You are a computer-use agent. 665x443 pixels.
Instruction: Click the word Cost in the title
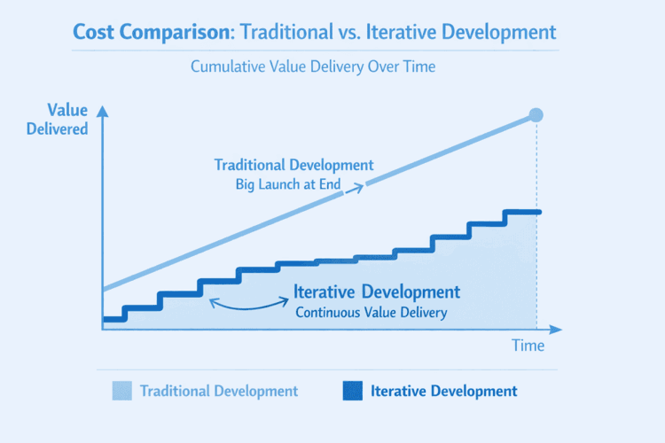pos(96,33)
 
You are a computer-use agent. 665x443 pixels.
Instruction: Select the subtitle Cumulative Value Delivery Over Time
pos(332,67)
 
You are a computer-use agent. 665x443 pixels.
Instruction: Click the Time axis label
pos(528,346)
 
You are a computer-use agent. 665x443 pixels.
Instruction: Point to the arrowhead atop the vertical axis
pos(103,111)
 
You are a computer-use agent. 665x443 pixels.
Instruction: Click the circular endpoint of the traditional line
pos(535,115)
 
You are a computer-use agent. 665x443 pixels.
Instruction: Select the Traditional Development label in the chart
pos(293,165)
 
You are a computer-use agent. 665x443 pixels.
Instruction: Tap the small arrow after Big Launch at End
pos(357,185)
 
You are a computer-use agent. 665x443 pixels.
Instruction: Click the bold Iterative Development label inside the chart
pos(376,291)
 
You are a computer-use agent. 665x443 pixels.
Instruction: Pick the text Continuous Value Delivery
pos(371,312)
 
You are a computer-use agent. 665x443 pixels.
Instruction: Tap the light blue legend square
pos(121,391)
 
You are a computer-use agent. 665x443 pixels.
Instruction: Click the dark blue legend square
pos(352,391)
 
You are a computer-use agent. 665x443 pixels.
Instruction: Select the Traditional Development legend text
pos(219,391)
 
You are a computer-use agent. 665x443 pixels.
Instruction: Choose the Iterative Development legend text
pos(443,391)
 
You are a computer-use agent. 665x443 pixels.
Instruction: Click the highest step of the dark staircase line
pos(521,212)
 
